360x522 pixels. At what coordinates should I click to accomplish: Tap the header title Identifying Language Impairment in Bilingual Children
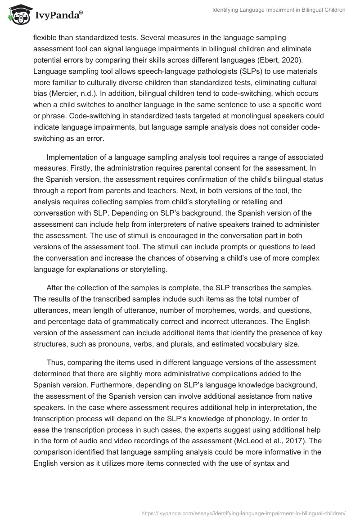pyautogui.click(x=279, y=10)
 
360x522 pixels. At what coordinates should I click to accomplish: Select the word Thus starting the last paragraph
pyautogui.click(x=54, y=362)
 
